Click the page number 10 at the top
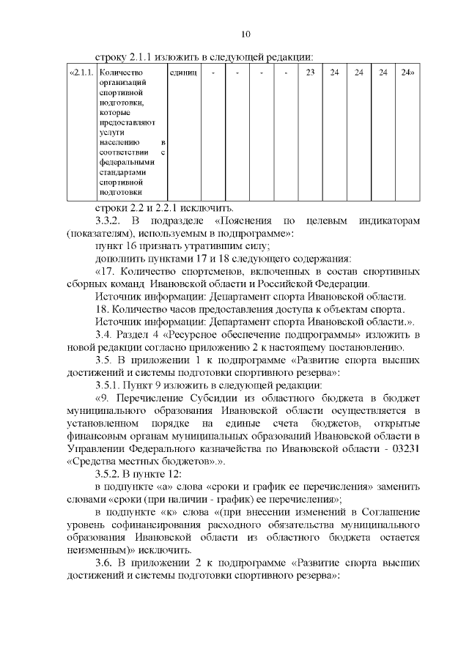tap(245, 34)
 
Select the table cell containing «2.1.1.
tap(81, 73)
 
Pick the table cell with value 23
tap(310, 73)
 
